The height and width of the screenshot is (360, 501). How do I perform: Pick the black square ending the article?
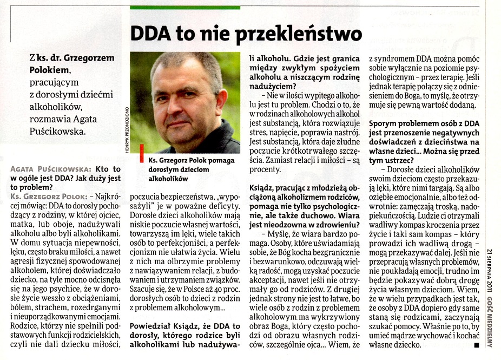476,344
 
